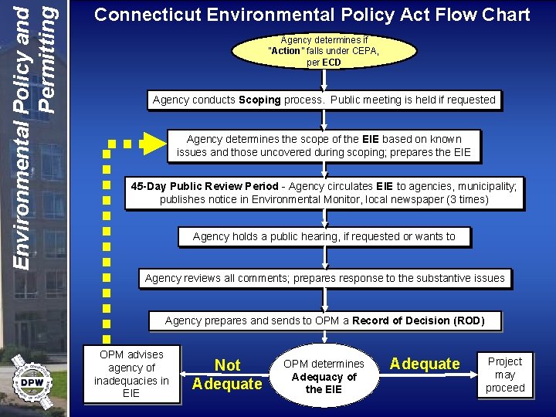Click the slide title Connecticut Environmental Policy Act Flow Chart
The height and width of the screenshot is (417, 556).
(312, 15)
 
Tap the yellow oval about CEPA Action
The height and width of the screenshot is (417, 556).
(324, 51)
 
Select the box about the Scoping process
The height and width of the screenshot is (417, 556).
(324, 100)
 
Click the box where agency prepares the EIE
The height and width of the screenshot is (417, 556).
(324, 146)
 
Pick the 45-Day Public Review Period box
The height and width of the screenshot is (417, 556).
(324, 193)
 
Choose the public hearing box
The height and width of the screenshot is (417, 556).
(324, 236)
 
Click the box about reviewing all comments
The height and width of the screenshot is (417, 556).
(325, 278)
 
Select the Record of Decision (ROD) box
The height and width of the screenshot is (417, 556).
(324, 320)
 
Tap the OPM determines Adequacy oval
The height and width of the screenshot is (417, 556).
(324, 377)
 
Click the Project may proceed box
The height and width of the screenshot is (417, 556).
(505, 375)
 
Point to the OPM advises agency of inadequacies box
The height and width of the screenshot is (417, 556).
(131, 375)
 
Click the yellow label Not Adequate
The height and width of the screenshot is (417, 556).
(227, 375)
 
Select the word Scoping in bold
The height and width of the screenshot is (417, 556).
(259, 100)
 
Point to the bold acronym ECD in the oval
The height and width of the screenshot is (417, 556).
(331, 63)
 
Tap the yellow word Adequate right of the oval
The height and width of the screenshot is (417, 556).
(425, 364)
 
